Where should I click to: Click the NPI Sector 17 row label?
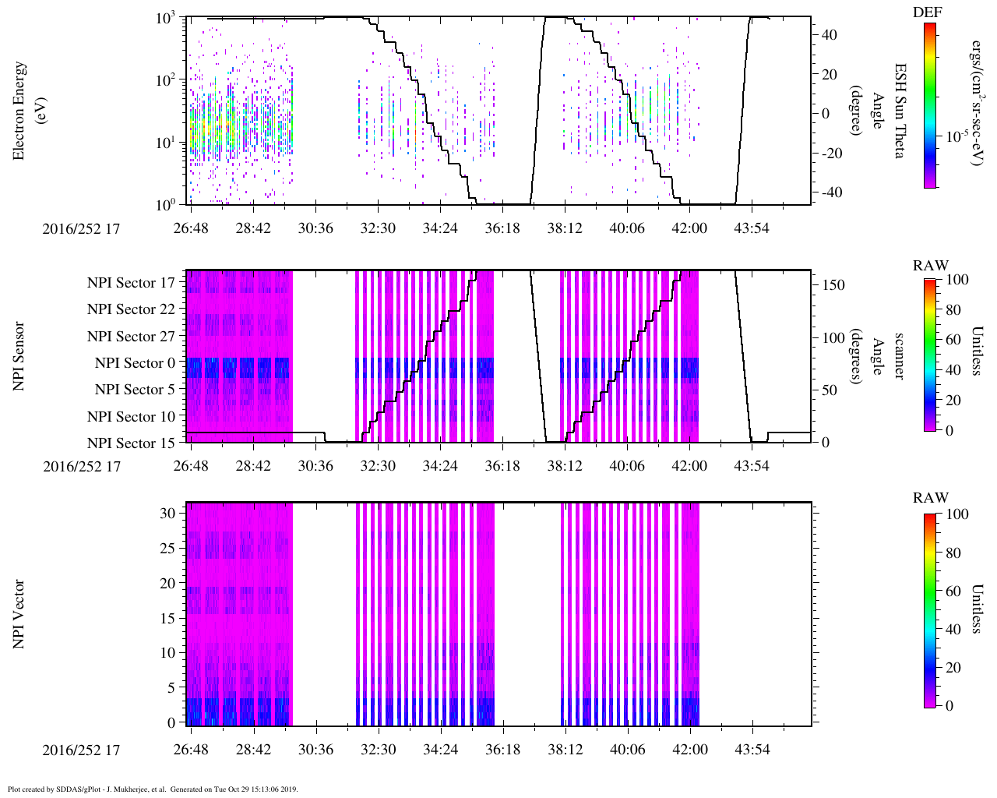tap(132, 283)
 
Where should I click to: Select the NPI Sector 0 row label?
tap(136, 363)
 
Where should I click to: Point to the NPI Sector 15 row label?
tap(132, 443)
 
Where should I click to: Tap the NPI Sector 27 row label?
tap(132, 337)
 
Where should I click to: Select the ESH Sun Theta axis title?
tap(899, 111)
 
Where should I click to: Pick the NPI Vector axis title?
tap(19, 614)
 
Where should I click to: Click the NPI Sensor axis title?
tap(19, 356)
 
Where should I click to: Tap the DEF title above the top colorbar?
tap(927, 12)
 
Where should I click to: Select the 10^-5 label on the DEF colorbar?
tap(956, 136)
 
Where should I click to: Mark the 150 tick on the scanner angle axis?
tap(833, 285)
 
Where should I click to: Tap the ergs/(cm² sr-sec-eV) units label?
tap(977, 101)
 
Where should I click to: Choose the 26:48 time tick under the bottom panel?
tap(191, 750)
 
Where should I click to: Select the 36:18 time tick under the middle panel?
tap(502, 466)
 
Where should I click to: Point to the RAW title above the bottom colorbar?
tap(931, 498)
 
